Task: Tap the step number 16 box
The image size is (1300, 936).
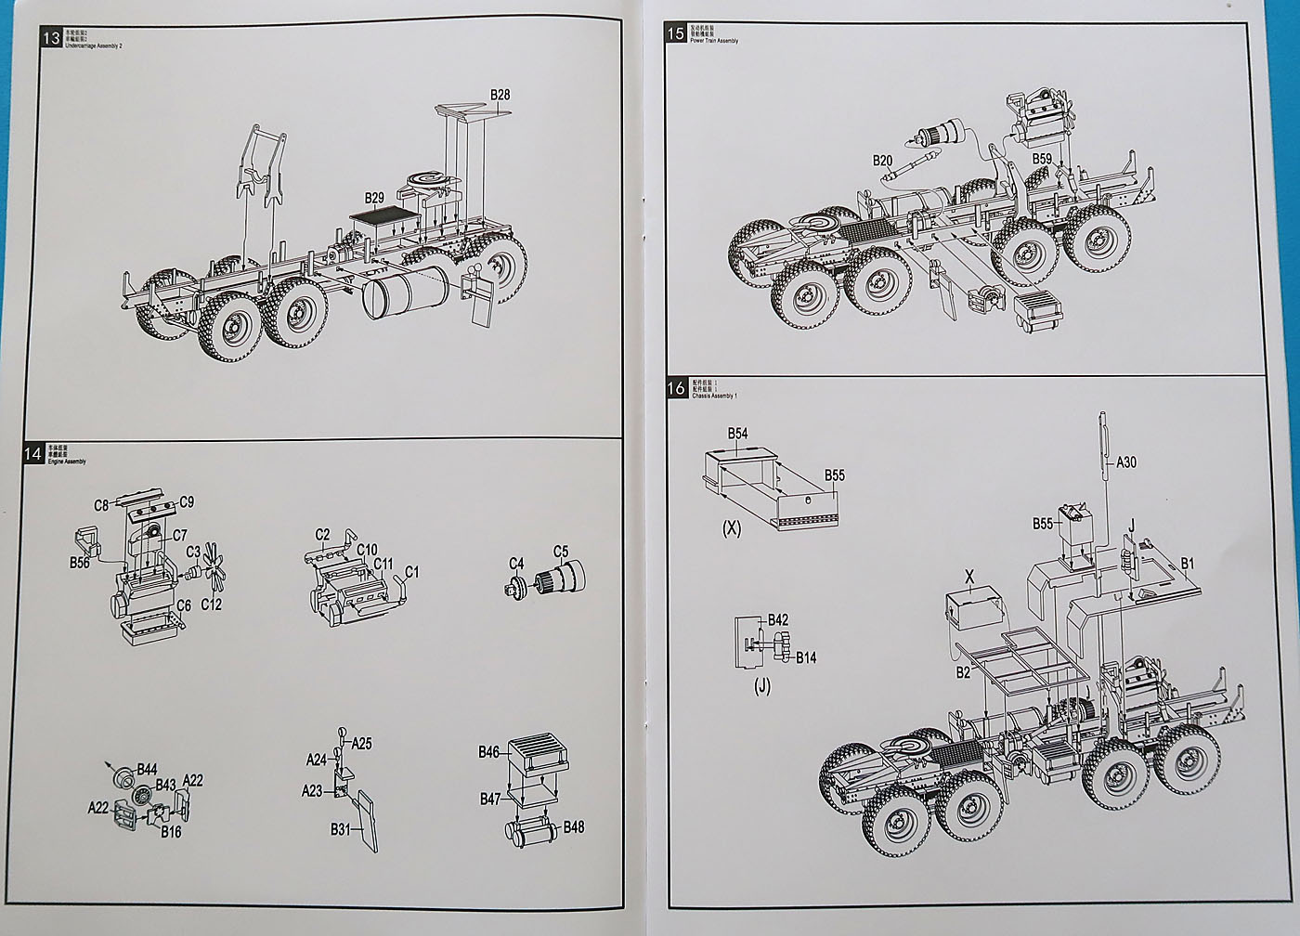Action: [677, 388]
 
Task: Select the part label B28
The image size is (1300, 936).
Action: [500, 95]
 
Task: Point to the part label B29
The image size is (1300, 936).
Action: [374, 198]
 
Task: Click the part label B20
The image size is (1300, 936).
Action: [882, 161]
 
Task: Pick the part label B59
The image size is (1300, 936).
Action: [1042, 159]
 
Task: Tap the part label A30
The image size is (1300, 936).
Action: [1126, 461]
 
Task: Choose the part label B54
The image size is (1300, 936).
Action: [737, 434]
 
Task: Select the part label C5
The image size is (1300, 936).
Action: [561, 551]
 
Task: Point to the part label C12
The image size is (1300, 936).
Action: [212, 605]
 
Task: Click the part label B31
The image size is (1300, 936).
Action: [341, 828]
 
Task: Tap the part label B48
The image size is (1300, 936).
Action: [574, 827]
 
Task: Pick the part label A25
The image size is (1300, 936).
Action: [361, 744]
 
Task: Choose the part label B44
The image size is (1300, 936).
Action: [147, 769]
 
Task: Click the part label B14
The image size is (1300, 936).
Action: [806, 657]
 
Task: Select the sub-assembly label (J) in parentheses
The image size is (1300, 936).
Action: [762, 688]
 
